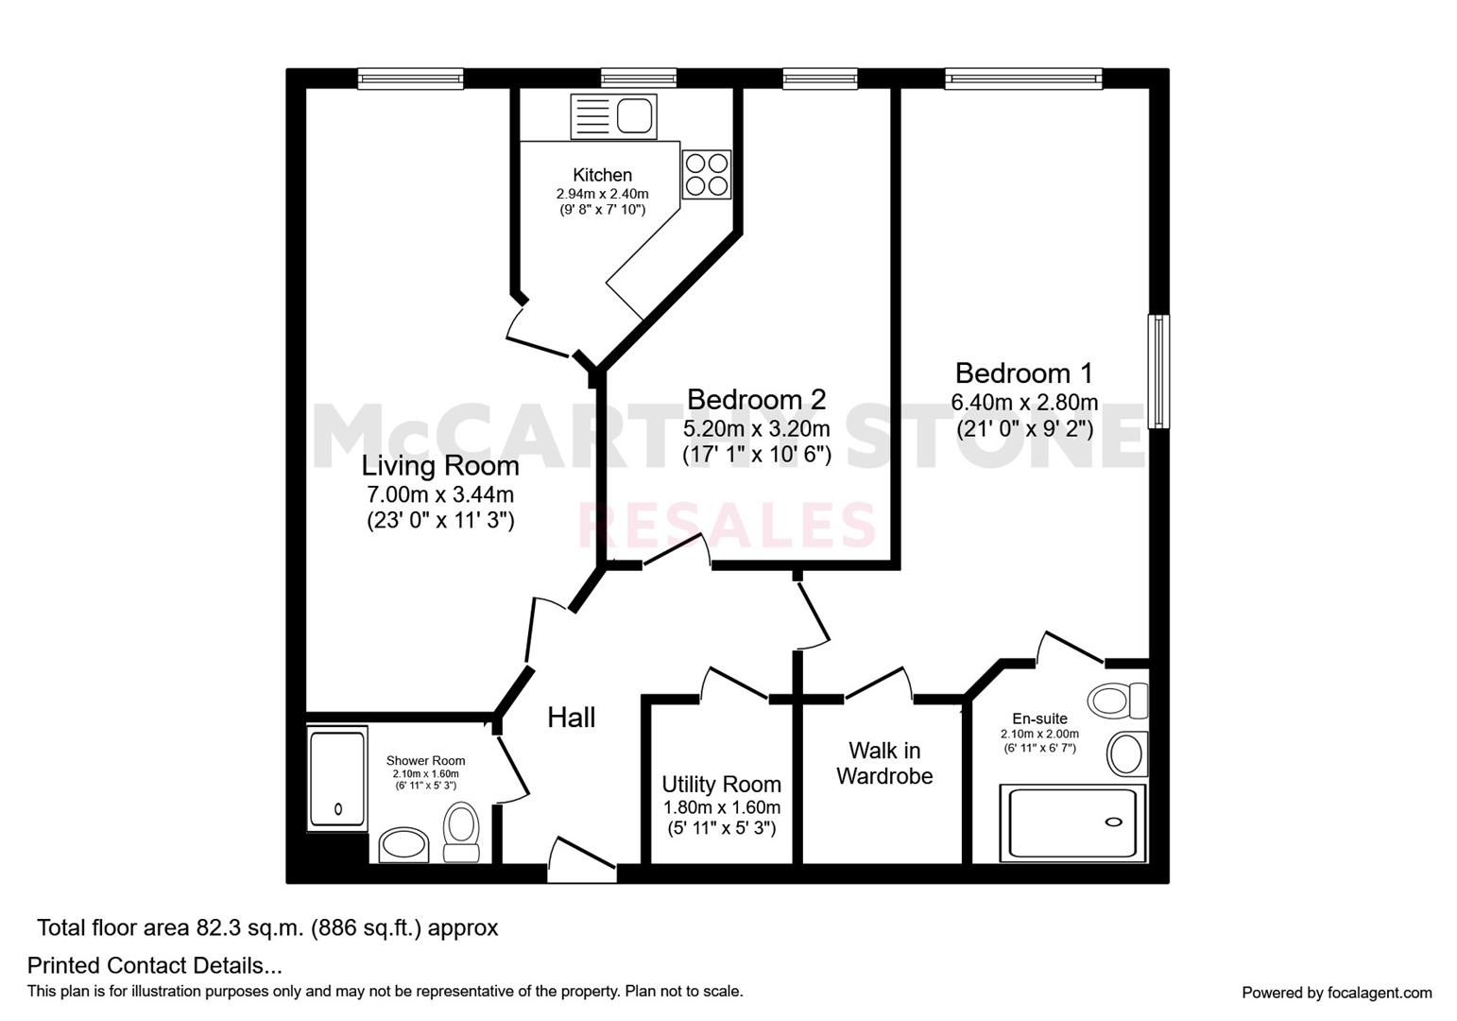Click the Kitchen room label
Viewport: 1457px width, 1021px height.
click(x=602, y=175)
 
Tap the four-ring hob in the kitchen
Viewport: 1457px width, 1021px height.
click(x=707, y=174)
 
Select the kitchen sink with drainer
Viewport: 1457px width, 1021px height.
click(x=613, y=116)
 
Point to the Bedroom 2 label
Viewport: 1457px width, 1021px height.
click(x=757, y=399)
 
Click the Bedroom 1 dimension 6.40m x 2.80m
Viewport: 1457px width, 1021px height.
click(x=1024, y=403)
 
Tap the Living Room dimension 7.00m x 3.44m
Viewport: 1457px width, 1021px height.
click(x=440, y=494)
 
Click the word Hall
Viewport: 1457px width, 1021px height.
click(x=571, y=718)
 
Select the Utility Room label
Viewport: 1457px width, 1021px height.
click(x=721, y=784)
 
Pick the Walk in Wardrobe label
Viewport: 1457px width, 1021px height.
click(x=884, y=763)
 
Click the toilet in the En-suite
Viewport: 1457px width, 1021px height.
click(x=1118, y=701)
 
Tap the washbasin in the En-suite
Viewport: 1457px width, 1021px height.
click(x=1127, y=754)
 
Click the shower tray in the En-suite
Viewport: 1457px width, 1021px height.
click(x=1071, y=823)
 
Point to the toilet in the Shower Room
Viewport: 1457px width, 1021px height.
click(x=461, y=832)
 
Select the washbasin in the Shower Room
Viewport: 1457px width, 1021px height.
click(x=403, y=844)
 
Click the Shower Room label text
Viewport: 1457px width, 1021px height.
click(x=425, y=761)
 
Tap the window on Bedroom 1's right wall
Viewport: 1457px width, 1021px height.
click(x=1158, y=372)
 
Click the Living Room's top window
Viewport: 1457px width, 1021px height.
click(x=410, y=78)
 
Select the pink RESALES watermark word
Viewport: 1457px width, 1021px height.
click(x=728, y=525)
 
